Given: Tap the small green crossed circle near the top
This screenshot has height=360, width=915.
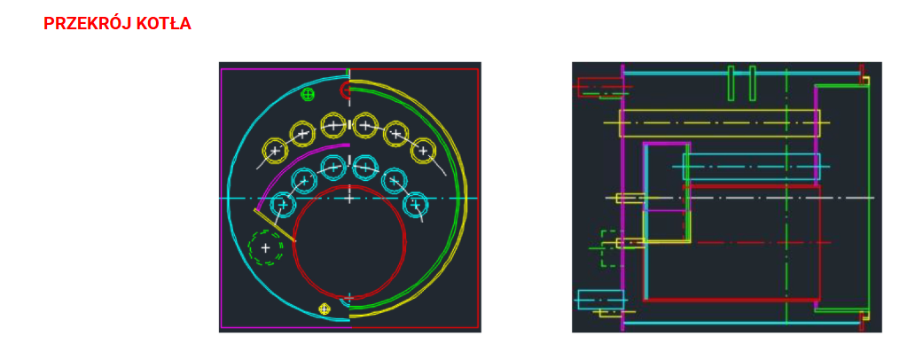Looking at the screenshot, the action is point(308,94).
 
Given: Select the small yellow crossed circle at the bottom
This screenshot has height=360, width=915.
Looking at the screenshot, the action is point(325,309).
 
